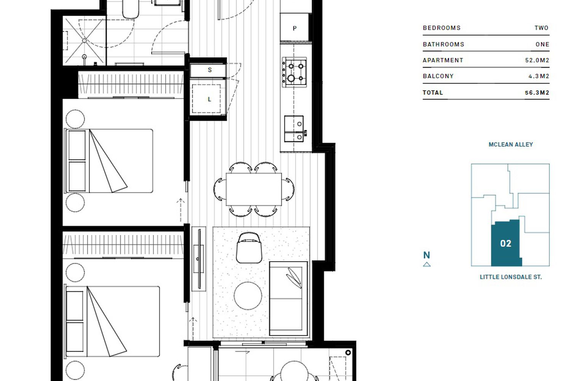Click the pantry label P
coord(295,28)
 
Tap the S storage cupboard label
coord(210,70)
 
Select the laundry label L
coord(209,99)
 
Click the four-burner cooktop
coord(294,72)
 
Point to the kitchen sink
coord(294,129)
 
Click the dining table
coord(254,189)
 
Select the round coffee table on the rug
coord(248,296)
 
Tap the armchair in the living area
coord(249,248)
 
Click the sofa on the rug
coord(289,298)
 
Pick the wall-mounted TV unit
coord(199,259)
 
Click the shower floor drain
coord(85,40)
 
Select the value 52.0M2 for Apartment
coord(537,60)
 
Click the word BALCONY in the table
coord(438,76)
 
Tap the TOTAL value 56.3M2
coord(537,93)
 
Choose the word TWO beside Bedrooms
coord(541,28)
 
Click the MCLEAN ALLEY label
coord(510,144)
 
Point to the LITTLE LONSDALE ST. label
coord(510,277)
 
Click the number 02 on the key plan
coord(506,243)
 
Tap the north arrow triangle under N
coord(427,265)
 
